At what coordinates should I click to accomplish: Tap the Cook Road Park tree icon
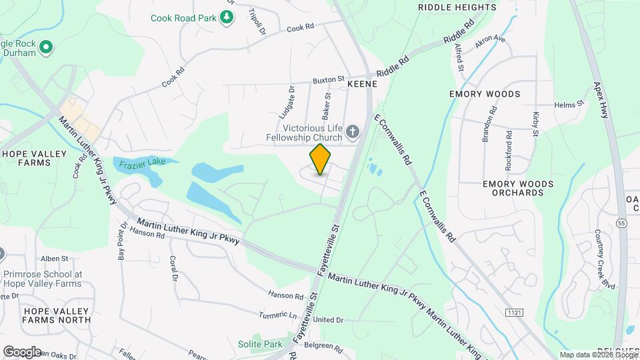[227, 17]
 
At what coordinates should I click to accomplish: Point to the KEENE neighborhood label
[363, 85]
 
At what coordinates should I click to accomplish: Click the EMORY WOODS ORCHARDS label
[517, 188]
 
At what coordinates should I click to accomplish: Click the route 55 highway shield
[621, 223]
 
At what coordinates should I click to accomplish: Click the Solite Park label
[261, 344]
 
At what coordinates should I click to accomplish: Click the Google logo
[22, 352]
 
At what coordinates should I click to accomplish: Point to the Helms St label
[569, 104]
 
